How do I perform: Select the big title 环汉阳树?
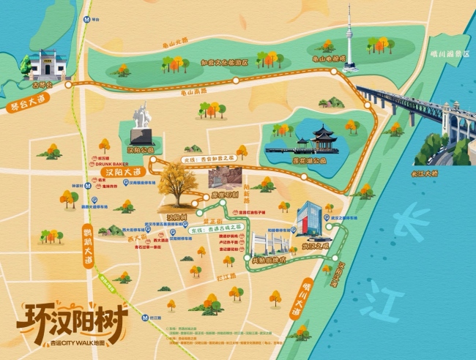[x=71, y=319]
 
